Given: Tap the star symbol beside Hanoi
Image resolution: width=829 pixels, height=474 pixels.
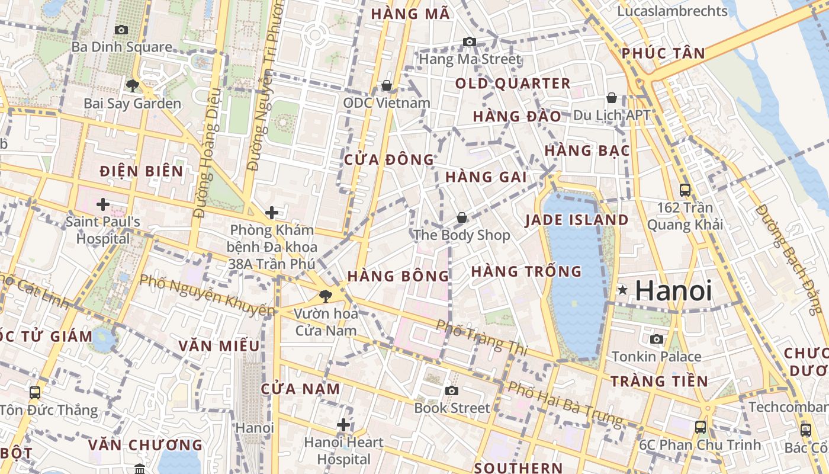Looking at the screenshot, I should (622, 290).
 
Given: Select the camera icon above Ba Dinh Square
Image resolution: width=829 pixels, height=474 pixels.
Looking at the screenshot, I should (121, 30).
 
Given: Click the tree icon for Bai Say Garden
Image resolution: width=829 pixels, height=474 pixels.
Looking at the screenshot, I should (133, 86).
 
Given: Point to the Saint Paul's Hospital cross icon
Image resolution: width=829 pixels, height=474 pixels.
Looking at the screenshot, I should (103, 204).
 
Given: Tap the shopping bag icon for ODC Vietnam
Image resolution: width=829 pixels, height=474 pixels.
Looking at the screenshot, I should (387, 86).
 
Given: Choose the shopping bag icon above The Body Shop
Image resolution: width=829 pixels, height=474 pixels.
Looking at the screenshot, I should (462, 218).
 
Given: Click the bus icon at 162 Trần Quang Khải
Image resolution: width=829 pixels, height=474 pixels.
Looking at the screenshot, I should (685, 190).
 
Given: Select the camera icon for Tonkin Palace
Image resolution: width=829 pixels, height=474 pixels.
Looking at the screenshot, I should (657, 339).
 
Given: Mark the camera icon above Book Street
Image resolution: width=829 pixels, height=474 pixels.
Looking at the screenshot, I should (452, 390).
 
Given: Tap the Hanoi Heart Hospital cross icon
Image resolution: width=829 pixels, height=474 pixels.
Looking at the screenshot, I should (343, 425).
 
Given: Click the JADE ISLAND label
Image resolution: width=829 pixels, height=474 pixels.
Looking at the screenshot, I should (577, 220).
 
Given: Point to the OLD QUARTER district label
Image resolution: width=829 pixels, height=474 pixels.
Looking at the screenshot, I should (513, 84).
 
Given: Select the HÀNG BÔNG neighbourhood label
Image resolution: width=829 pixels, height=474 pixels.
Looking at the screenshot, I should (399, 276).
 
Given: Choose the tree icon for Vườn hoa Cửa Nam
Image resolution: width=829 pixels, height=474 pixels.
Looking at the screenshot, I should (324, 296).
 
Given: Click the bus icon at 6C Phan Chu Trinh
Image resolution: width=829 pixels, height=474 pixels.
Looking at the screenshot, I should (701, 427).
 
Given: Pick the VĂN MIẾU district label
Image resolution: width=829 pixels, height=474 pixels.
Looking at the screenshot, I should (219, 345).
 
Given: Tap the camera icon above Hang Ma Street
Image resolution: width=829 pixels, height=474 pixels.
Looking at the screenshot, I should (470, 41).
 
